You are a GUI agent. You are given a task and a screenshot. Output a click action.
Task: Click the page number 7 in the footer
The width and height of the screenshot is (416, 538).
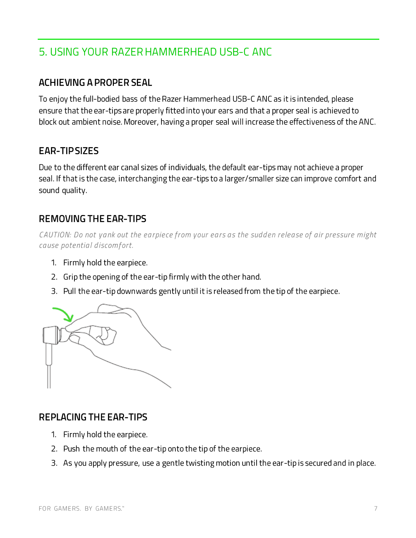(x=376, y=508)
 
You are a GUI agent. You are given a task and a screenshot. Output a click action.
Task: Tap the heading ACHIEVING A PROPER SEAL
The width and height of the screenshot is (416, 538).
(x=95, y=83)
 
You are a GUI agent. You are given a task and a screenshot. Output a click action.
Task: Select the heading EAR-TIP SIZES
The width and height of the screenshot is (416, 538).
(x=69, y=151)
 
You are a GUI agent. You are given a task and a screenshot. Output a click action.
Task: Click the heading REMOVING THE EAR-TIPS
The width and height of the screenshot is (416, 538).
(x=92, y=219)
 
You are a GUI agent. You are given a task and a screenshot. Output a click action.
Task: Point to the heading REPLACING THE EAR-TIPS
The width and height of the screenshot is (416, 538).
(x=93, y=417)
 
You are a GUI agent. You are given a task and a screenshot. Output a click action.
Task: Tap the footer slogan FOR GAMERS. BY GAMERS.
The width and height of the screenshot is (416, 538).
(x=81, y=508)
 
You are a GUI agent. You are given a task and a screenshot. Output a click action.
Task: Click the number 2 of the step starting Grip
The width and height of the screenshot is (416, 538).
(x=54, y=277)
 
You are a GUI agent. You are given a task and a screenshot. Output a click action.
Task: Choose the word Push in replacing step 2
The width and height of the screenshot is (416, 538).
(x=71, y=449)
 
